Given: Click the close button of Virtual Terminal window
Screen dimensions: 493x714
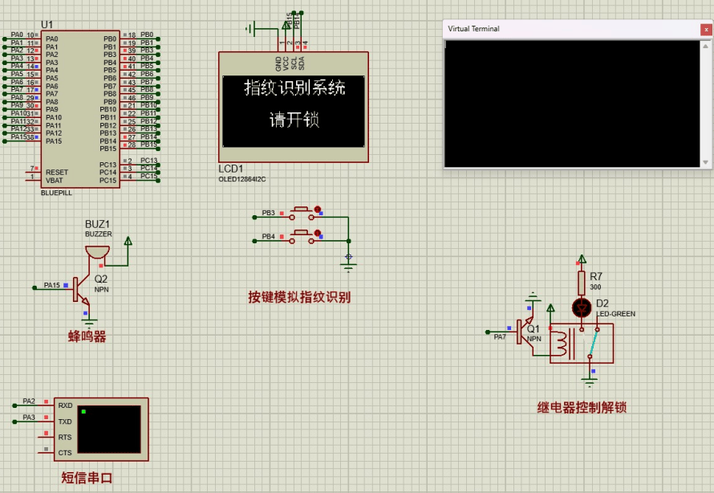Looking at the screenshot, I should coord(706,29).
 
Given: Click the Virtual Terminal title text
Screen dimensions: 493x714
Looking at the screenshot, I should coord(473,29).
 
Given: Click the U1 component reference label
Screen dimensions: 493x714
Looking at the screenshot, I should coord(47,25).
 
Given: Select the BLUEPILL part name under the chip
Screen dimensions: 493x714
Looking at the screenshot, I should coord(56,194).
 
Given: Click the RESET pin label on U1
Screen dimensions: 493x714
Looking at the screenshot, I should coord(57,172).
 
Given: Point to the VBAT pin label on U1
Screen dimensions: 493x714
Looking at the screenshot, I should coord(55,180).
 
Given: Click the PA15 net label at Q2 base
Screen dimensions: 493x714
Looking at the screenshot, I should coord(52,285).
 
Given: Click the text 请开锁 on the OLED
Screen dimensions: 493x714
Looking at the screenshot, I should coord(294,120).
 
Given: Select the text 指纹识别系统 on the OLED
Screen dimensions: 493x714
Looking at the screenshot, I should coord(294,88).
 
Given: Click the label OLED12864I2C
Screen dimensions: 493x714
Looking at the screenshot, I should coord(242,179).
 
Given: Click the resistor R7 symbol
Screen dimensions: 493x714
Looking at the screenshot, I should coord(582,282).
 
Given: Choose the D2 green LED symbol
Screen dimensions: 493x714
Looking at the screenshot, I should coord(582,308).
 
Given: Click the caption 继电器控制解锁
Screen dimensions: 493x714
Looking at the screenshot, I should coord(582,408).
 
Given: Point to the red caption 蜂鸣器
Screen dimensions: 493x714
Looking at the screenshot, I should coord(87,336).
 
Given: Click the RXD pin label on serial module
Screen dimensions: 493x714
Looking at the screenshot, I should coord(65,405).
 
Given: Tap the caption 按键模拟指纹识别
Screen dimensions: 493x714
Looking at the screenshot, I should coord(299,297).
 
